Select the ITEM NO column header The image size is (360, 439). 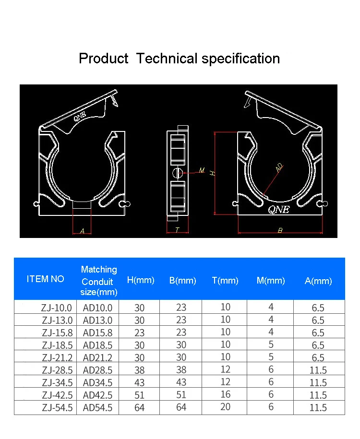tap(45, 279)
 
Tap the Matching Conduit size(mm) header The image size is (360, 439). tap(99, 281)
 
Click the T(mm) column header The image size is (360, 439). tap(225, 281)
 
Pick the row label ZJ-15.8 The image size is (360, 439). tap(57, 332)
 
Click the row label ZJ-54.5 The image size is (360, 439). tap(57, 407)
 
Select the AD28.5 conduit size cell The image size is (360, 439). tap(97, 370)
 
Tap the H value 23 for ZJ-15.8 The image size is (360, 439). tap(139, 332)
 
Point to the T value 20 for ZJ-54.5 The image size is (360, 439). tap(225, 407)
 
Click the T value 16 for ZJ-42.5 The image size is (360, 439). tap(225, 394)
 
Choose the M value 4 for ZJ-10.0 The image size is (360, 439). tap(271, 307)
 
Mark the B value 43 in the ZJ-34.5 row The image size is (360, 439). tap(181, 382)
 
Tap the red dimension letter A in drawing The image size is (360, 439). tap(82, 231)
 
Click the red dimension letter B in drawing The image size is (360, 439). tap(280, 231)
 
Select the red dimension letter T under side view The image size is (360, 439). tap(177, 230)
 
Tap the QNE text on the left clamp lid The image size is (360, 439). tap(80, 116)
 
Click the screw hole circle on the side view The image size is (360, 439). tap(177, 173)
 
